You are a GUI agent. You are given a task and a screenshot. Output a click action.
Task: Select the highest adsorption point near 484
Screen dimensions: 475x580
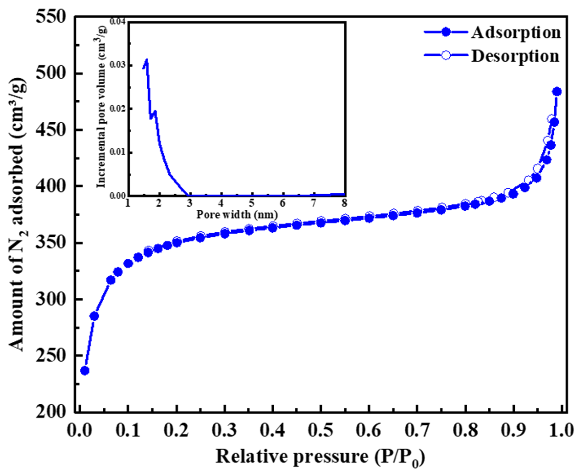[x=557, y=92]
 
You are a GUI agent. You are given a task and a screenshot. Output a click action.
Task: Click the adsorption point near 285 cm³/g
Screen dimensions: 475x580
[x=94, y=316]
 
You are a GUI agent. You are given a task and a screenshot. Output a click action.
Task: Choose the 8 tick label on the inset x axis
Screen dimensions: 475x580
[x=344, y=203]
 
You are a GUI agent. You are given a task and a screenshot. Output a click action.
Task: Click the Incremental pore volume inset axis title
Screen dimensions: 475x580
[x=102, y=108]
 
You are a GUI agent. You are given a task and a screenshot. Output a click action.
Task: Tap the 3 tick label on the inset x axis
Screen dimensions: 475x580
[x=190, y=203]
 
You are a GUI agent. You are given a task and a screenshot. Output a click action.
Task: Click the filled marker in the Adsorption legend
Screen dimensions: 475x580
[x=446, y=32]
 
